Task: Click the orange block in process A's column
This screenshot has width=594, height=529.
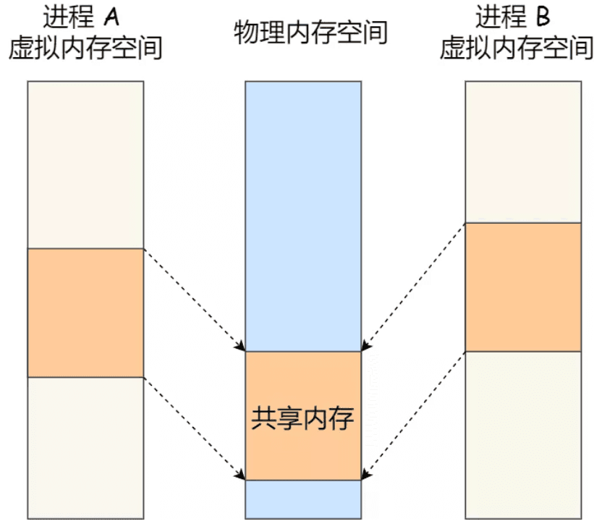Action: point(85,313)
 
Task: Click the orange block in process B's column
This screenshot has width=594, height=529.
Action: point(522,287)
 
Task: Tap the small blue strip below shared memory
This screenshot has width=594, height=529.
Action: point(302,499)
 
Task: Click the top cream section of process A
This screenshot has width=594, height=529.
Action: point(85,164)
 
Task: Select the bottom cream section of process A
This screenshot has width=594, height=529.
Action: point(85,447)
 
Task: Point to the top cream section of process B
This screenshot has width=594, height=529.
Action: point(522,151)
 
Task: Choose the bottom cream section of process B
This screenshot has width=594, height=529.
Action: point(522,434)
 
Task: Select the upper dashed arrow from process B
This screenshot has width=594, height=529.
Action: point(413,287)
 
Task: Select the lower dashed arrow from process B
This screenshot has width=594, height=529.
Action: point(413,415)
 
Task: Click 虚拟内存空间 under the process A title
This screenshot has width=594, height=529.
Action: point(85,47)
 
